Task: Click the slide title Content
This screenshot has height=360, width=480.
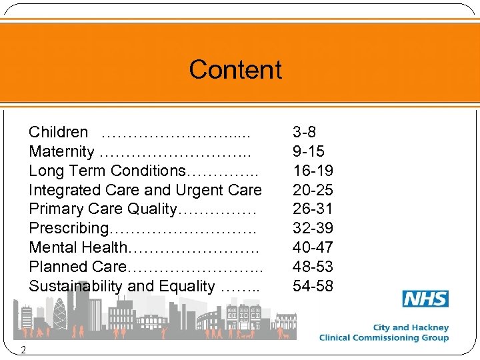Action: [x=235, y=69]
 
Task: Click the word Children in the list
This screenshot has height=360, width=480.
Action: [x=58, y=132]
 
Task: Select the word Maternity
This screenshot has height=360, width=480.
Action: [x=61, y=151]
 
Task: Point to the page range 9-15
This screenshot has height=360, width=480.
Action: [x=309, y=151]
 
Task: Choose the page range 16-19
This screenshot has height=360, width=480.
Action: [x=313, y=171]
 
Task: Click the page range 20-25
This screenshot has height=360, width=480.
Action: [x=313, y=190]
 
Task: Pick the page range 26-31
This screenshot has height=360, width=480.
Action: [x=313, y=209]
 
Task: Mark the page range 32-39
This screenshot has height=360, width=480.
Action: [x=313, y=228]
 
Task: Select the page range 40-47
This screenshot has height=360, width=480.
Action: [x=313, y=247]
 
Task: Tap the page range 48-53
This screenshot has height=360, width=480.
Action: [x=313, y=267]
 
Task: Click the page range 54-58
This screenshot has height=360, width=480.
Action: [x=313, y=286]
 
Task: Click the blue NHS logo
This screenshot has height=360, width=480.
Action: [x=425, y=299]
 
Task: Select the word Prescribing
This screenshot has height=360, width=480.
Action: [x=68, y=229]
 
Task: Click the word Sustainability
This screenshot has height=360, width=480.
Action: [x=76, y=287]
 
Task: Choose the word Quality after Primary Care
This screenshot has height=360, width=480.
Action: [x=150, y=209]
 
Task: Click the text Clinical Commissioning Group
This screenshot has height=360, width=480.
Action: [x=383, y=337]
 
